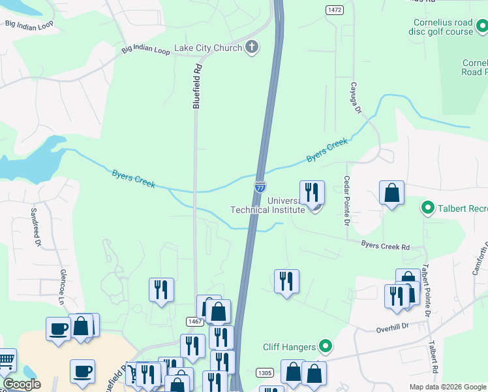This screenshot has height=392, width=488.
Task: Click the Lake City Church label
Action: (207, 48)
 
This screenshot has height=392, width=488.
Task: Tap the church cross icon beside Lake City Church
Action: (252, 47)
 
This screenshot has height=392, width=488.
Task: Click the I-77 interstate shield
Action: (260, 187)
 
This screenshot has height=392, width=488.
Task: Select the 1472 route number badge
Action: (335, 10)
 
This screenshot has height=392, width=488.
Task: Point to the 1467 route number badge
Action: (194, 321)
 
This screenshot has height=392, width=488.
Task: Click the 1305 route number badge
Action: (264, 372)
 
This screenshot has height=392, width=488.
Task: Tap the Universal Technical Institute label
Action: (267, 205)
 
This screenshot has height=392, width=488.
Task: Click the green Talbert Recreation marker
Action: (428, 208)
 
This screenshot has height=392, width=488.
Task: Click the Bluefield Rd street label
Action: (196, 85)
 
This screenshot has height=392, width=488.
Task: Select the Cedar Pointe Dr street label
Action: (347, 200)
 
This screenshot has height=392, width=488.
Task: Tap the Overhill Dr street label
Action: (391, 327)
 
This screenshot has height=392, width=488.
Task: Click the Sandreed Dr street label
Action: (36, 227)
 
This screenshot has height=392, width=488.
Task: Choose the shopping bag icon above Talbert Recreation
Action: (391, 193)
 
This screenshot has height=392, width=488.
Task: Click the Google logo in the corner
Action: (21, 384)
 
